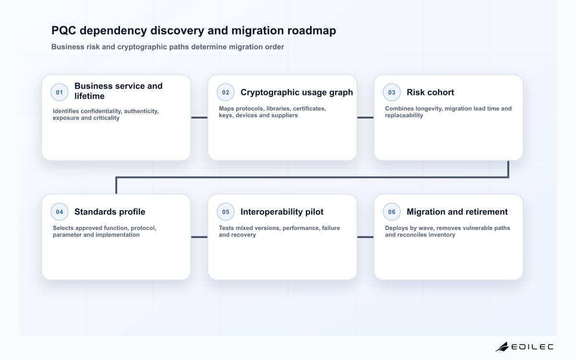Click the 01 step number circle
coord(60,92)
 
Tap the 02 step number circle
coord(226,92)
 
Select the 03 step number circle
coord(392,92)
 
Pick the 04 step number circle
coord(60,212)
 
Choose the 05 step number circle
coord(226,212)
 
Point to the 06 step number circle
coord(392,212)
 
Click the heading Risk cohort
coord(430,92)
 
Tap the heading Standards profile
coord(110,212)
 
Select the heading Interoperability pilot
coord(282,212)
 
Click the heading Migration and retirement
coord(457,212)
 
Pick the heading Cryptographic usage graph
coord(297,92)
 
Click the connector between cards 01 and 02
coord(199,118)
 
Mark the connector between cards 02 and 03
coord(365,118)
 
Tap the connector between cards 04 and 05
coord(199,237)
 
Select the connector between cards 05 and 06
coord(365,237)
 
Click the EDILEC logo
coord(524,347)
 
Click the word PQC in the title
coord(64,30)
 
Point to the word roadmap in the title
coord(312,31)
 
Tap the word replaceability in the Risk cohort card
coord(404,116)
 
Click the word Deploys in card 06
coord(395,228)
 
